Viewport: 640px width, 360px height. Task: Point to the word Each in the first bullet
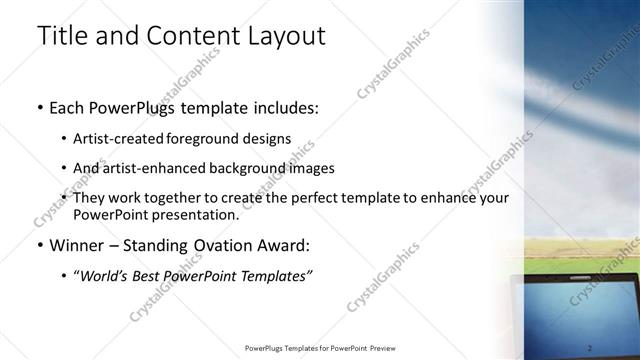(68, 108)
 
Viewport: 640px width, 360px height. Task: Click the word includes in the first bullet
(278, 108)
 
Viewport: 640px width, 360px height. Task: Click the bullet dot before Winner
(39, 245)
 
